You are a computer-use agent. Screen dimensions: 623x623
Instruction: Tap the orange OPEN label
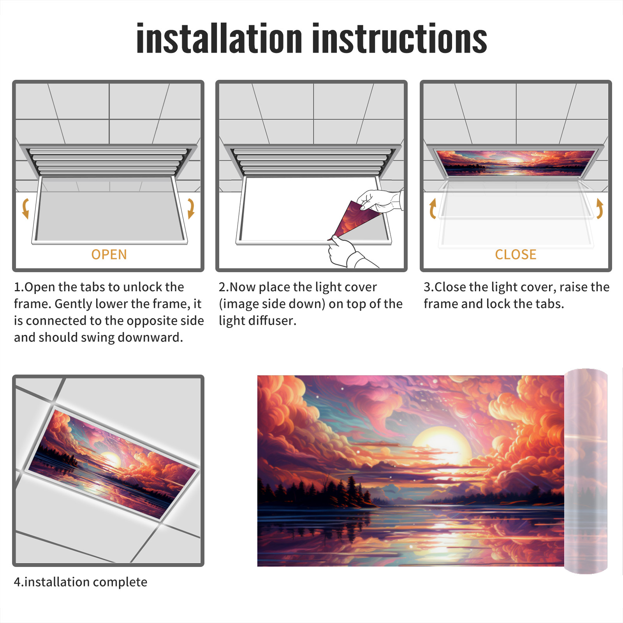coord(109,255)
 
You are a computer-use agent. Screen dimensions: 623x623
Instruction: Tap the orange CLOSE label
coord(516,255)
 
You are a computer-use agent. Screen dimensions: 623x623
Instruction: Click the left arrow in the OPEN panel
coord(26,208)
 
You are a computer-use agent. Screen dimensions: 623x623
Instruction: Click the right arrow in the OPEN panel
coord(191,208)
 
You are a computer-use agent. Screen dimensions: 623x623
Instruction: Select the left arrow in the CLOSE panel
coord(433,208)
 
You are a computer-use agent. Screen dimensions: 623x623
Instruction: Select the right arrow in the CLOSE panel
coord(600,208)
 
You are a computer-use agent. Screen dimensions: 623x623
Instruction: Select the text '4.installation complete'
coord(81,582)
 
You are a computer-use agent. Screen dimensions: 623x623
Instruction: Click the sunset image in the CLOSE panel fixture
coord(516,163)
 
